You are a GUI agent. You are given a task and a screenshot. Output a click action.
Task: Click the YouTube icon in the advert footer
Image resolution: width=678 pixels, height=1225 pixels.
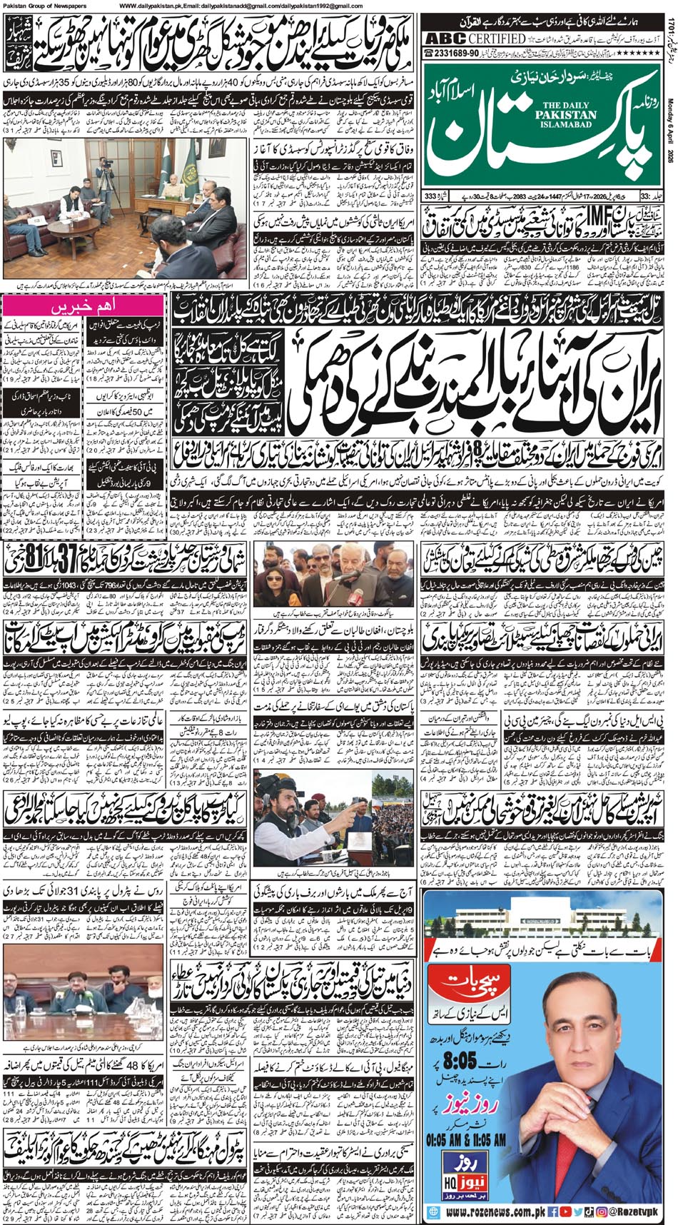[579, 1212]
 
